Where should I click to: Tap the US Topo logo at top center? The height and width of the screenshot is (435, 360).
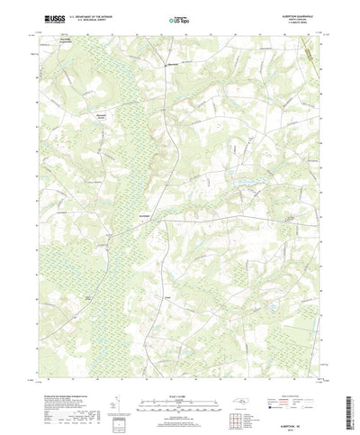click(x=173, y=19)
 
